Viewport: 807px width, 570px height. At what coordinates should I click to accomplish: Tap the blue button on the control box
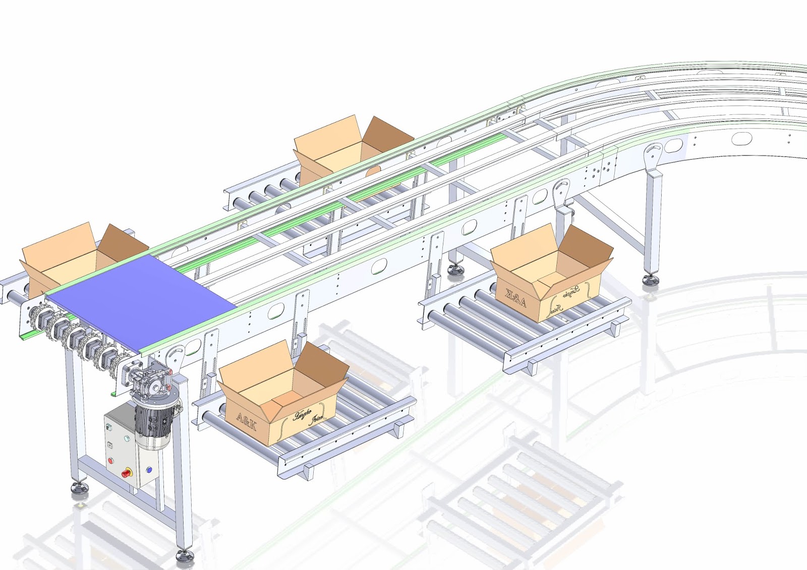tap(149, 470)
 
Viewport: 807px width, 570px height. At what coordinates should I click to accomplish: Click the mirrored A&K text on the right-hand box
tap(515, 297)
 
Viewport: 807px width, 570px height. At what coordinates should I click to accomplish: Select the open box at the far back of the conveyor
tap(353, 146)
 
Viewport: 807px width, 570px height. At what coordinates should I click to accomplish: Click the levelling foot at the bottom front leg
tap(185, 556)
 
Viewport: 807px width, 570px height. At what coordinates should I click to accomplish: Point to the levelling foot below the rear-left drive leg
tap(79, 487)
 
